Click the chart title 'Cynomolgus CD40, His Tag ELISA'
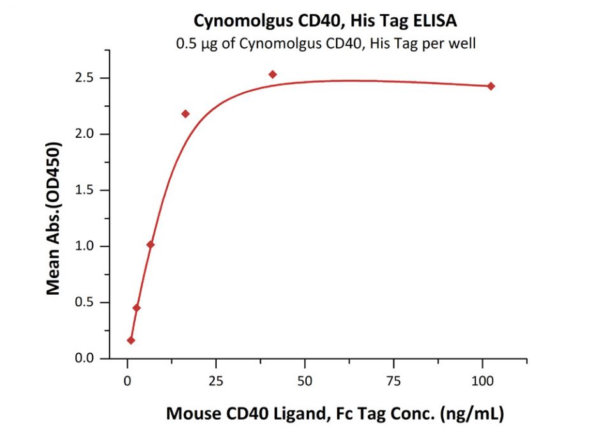pyautogui.click(x=325, y=21)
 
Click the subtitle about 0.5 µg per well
pyautogui.click(x=325, y=43)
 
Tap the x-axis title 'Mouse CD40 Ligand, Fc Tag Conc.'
pyautogui.click(x=335, y=413)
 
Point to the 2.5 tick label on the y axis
pyautogui.click(x=88, y=78)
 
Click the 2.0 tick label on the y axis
pyautogui.click(x=88, y=134)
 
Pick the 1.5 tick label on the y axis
pyautogui.click(x=88, y=190)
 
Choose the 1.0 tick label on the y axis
pyautogui.click(x=88, y=246)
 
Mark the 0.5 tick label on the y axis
pyautogui.click(x=88, y=302)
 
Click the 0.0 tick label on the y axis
pyautogui.click(x=88, y=359)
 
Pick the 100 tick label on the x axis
pyautogui.click(x=482, y=381)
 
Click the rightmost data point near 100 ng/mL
pyautogui.click(x=491, y=86)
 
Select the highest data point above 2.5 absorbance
pyautogui.click(x=273, y=75)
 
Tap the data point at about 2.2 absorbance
pyautogui.click(x=186, y=114)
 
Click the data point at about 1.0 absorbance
pyautogui.click(x=150, y=244)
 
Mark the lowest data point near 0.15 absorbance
pyautogui.click(x=131, y=341)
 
